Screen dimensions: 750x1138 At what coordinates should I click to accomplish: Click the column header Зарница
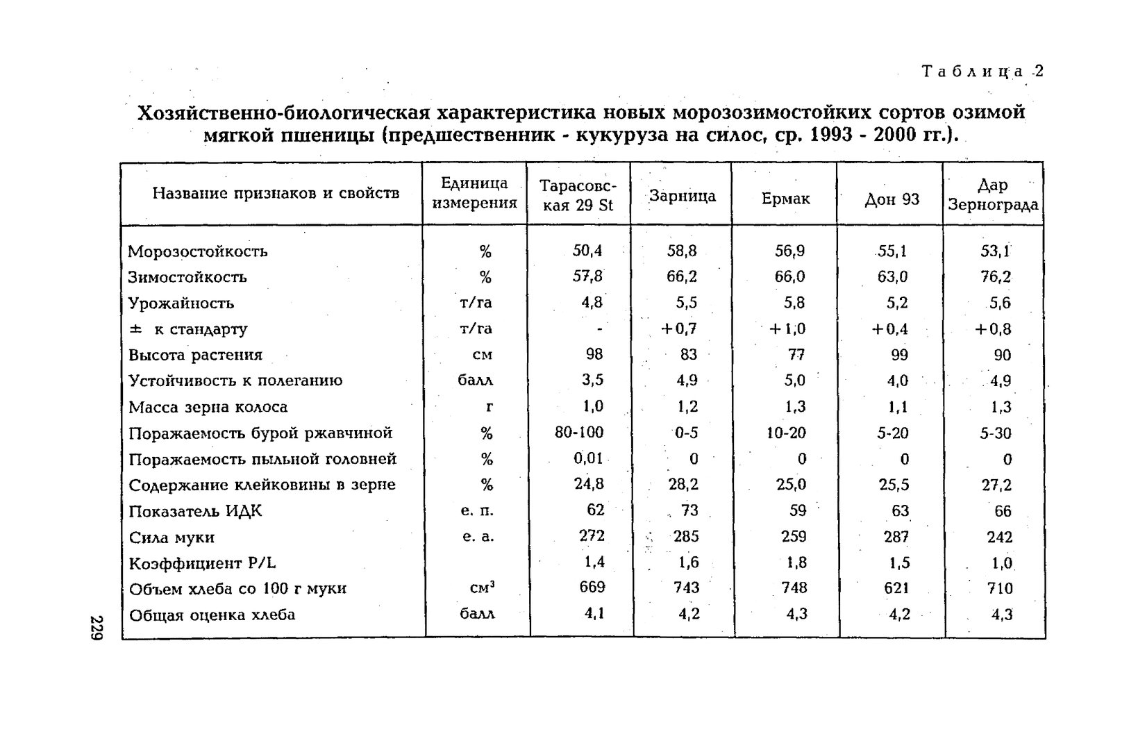tap(682, 197)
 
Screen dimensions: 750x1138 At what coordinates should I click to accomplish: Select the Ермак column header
tap(785, 199)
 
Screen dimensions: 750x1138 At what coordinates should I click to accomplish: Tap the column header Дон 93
tap(892, 200)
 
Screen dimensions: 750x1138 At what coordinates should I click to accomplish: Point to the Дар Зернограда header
tap(993, 195)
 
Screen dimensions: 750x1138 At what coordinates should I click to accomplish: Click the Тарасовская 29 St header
tap(578, 196)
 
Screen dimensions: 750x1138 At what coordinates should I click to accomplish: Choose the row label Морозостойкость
tap(198, 251)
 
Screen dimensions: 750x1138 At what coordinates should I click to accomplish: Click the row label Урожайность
tap(181, 303)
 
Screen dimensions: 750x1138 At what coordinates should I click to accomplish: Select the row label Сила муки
tap(171, 537)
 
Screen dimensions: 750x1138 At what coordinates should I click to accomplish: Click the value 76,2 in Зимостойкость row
tap(996, 277)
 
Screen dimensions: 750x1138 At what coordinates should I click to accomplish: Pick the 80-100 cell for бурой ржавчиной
tap(579, 433)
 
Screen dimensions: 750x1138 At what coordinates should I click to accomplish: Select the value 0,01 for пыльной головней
tap(588, 459)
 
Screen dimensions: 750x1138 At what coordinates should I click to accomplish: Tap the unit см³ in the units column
tap(482, 588)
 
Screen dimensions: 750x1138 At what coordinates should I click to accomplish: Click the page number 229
tap(97, 628)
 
